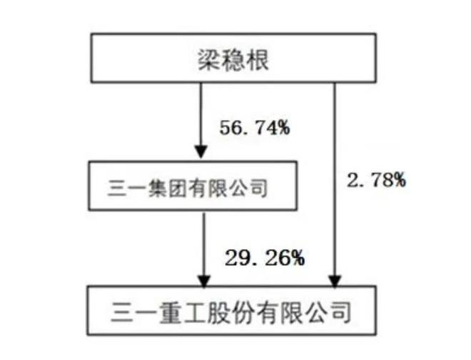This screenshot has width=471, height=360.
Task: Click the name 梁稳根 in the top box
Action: click(233, 60)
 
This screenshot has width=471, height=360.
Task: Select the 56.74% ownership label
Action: click(255, 128)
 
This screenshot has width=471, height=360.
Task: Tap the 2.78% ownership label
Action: click(376, 180)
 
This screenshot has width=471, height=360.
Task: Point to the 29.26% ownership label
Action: click(265, 258)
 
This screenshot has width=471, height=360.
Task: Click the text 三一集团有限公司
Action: click(188, 189)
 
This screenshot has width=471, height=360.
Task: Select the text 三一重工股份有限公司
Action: click(231, 312)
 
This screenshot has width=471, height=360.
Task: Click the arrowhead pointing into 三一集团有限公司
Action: click(201, 151)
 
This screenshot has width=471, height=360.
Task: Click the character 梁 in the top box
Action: click(209, 60)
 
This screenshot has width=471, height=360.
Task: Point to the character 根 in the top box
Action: click(257, 60)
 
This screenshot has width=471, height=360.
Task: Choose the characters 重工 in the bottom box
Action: click(183, 312)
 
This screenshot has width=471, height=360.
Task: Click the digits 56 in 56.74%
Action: click(230, 128)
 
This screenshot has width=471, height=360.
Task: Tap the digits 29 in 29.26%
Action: click(236, 258)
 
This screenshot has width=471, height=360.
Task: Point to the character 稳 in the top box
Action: click(233, 60)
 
